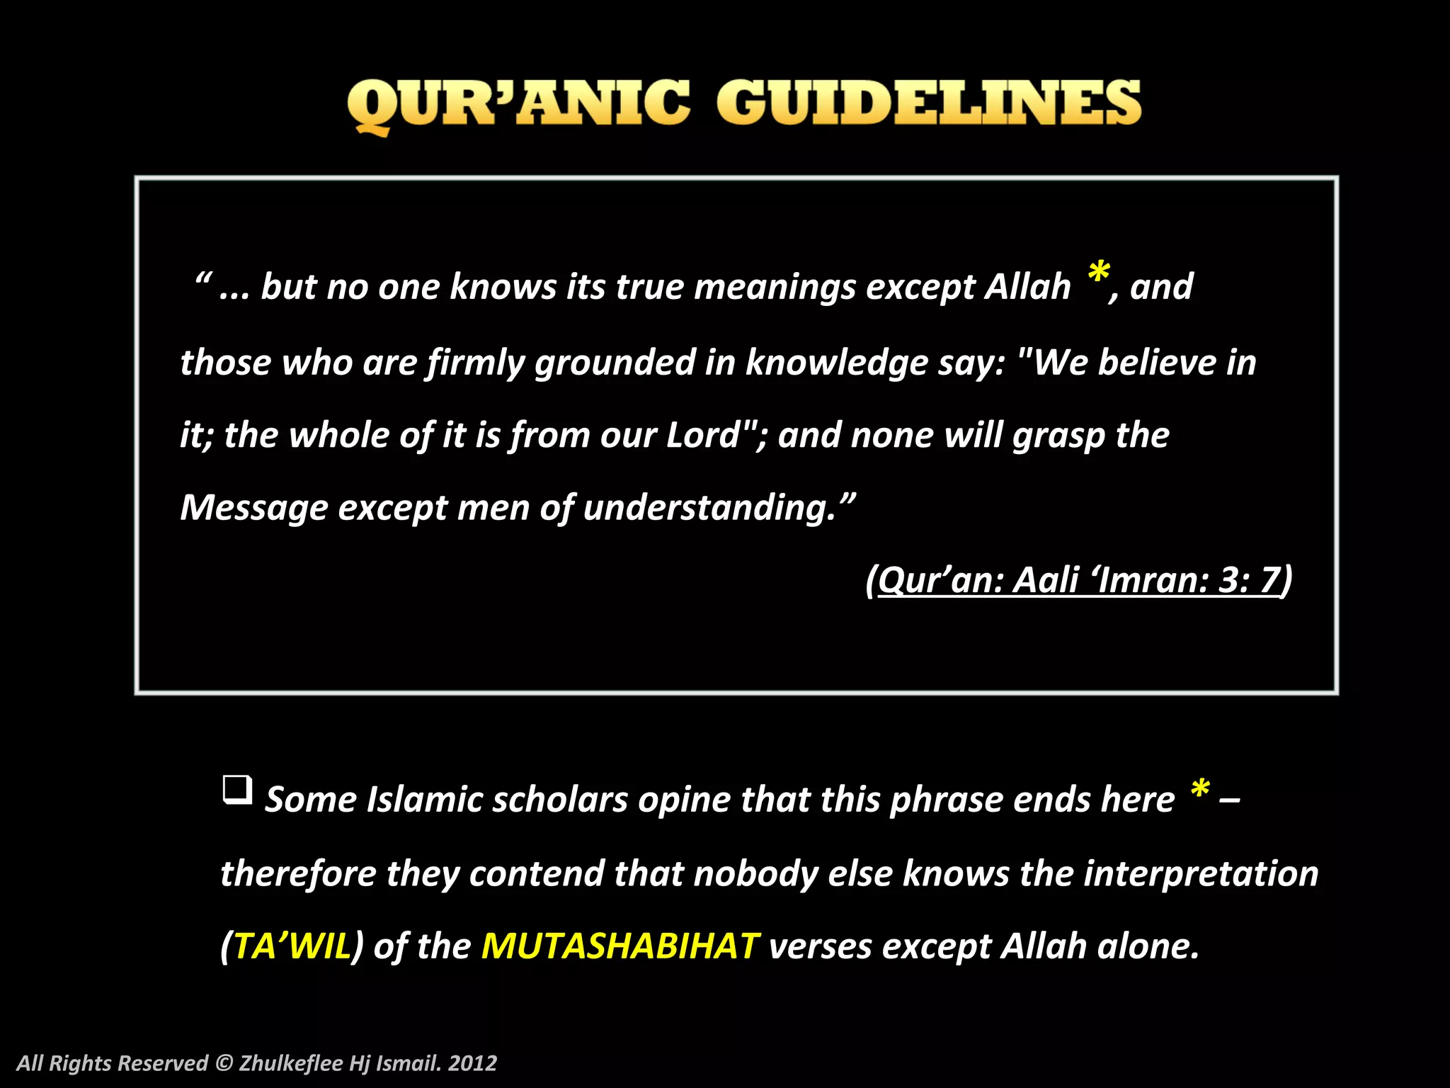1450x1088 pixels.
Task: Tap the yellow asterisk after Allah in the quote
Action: [1098, 273]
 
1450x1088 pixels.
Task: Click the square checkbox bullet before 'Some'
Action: [237, 789]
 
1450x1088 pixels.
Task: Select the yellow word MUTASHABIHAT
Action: [620, 946]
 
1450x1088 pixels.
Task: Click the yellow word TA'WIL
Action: [292, 946]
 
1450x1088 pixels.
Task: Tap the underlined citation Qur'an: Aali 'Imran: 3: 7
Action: [1079, 580]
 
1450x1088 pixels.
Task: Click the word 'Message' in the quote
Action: [254, 508]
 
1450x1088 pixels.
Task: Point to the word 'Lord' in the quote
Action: [703, 435]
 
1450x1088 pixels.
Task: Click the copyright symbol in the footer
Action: [224, 1063]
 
